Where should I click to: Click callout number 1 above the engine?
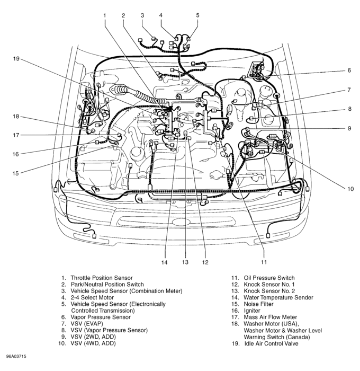tap(105, 15)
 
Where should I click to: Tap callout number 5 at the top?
tap(197, 15)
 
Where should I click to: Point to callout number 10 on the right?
tap(350, 188)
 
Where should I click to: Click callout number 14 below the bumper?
tap(164, 262)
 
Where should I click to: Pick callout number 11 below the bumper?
tap(263, 262)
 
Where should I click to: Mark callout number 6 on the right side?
tap(349, 70)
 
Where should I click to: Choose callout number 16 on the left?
tap(16, 154)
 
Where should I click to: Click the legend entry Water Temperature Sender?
tap(280, 297)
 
